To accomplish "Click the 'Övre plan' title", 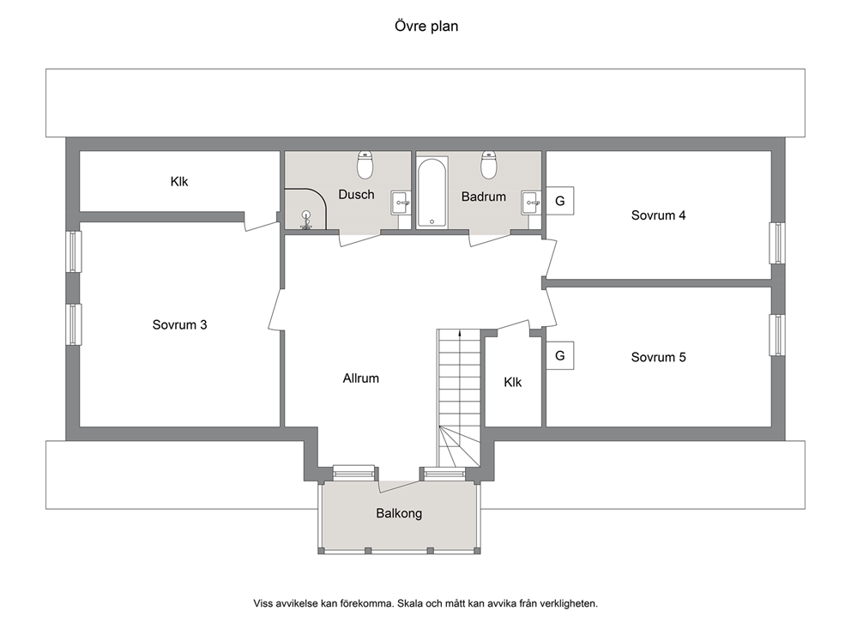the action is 426,26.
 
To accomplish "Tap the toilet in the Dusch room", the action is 365,165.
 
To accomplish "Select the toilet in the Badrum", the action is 489,165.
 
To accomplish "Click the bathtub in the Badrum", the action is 432,192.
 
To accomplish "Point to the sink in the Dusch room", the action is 401,203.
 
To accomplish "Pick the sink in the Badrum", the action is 531,203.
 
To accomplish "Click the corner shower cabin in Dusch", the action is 305,209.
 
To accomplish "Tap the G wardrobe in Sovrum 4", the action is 559,201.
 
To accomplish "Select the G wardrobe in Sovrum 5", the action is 559,355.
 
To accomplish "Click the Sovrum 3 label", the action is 179,325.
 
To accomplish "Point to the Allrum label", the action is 361,378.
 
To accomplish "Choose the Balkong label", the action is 399,513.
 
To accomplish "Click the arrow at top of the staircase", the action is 460,333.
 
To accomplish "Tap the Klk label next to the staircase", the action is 513,382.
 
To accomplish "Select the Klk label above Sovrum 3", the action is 179,181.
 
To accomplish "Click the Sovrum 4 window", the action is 778,243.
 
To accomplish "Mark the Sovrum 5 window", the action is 778,336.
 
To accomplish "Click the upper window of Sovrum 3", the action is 74,251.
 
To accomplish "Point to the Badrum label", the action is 484,197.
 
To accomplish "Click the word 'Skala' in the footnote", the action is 410,603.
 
